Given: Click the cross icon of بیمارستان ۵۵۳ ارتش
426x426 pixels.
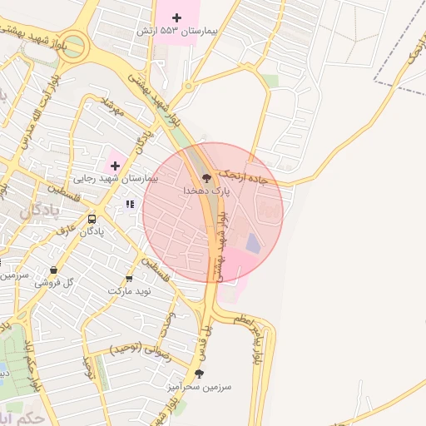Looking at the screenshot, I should point(176,17).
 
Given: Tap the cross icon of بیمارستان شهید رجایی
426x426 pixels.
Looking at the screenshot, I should point(115,166).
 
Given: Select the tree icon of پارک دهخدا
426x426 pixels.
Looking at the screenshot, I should point(204,177).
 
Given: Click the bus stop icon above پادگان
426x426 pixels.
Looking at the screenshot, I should point(92,219).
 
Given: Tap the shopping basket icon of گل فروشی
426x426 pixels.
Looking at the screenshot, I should point(54,270).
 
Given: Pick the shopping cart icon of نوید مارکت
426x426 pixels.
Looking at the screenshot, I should point(129,278).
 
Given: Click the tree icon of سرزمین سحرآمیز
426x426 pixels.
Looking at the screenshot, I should point(198,374).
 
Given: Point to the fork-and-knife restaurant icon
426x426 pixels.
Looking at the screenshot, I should point(129,204).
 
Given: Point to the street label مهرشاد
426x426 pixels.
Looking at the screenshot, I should point(111,106).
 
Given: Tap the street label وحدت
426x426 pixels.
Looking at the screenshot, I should point(168,324).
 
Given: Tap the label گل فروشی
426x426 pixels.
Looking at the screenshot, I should point(54,283).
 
